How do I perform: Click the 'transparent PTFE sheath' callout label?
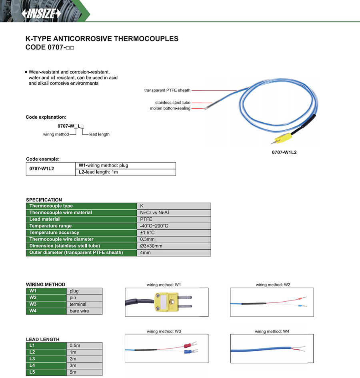tap(167, 90)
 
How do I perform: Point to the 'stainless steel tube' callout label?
tap(173, 103)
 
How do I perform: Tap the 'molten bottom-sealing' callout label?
tap(170, 108)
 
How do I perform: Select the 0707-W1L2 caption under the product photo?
tap(284, 152)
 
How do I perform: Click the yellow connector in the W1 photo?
tap(164, 302)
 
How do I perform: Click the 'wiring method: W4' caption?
tap(272, 332)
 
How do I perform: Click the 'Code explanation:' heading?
tap(46, 117)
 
